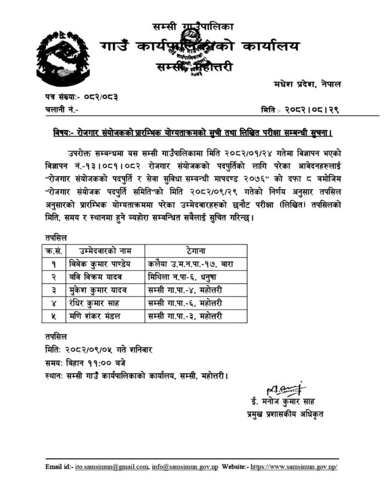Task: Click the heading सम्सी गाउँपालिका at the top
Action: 193,26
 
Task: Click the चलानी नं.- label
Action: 61,110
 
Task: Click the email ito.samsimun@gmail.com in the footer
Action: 111,467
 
